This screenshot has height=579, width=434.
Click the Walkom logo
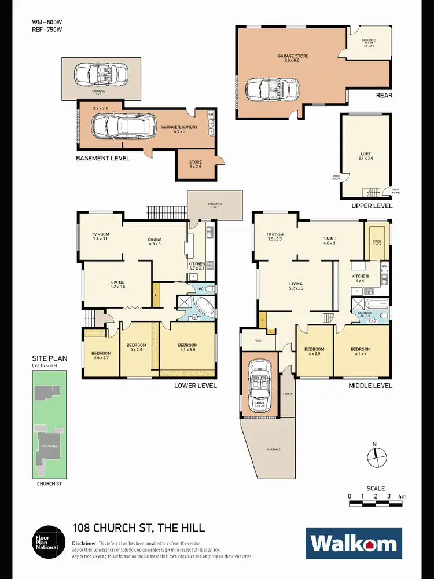tap(354, 543)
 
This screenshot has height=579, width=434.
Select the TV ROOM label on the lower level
tap(101, 236)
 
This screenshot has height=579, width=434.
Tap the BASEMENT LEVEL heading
tap(103, 158)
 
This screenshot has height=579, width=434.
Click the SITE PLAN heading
tap(49, 358)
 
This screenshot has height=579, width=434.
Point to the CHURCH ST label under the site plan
tap(49, 483)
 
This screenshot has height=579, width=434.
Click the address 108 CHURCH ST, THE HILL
tap(138, 527)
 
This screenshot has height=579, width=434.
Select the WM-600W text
tap(46, 23)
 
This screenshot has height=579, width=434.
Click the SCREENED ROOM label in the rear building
tap(369, 42)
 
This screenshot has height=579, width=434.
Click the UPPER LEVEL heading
tap(372, 206)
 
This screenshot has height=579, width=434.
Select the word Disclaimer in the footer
tap(85, 543)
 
